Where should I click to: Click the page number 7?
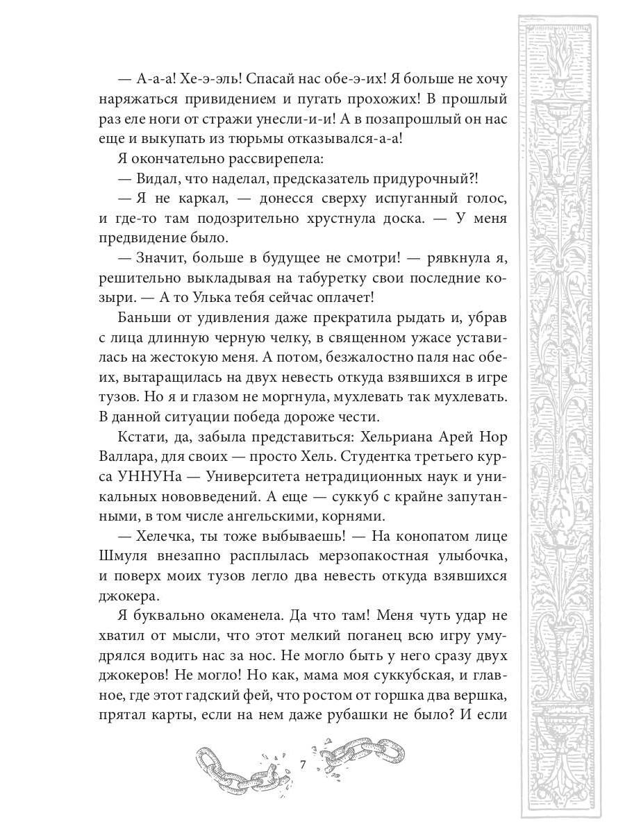click(x=303, y=765)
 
